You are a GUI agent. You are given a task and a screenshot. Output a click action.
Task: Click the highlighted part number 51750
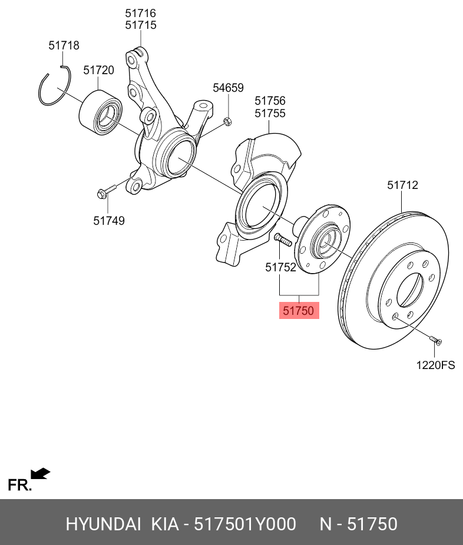click(298, 310)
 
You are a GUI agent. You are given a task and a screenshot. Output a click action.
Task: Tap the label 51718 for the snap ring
click(64, 45)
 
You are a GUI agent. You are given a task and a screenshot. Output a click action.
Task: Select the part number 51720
click(98, 70)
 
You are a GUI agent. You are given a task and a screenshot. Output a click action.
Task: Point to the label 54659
click(228, 88)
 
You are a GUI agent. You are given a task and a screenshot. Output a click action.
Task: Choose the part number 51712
click(402, 185)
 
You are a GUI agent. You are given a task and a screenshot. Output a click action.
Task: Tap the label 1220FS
click(436, 365)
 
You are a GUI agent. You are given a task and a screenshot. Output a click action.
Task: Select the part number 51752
click(280, 267)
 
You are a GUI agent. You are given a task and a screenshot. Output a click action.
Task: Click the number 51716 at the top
click(140, 12)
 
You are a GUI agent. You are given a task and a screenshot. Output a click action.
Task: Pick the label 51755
click(270, 114)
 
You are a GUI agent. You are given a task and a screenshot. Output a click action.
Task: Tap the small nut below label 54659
click(227, 122)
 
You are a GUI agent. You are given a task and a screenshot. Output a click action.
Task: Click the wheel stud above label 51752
click(283, 240)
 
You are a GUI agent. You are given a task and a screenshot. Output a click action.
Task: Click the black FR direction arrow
click(41, 473)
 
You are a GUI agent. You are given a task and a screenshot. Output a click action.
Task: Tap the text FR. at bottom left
click(19, 485)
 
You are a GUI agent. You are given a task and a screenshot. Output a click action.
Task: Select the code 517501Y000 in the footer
click(245, 524)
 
